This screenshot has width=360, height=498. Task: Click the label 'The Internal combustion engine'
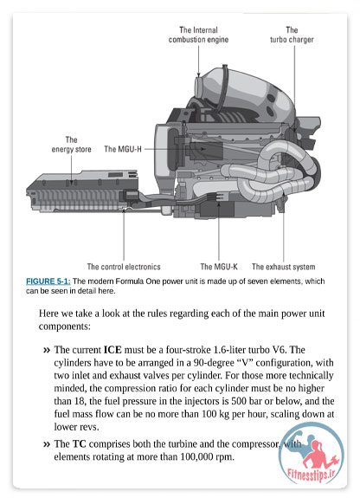pyautogui.click(x=198, y=35)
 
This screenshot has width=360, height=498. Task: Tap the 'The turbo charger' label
pyautogui.click(x=292, y=35)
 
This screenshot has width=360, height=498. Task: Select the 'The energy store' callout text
pyautogui.click(x=72, y=145)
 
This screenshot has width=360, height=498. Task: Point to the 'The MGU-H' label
pyautogui.click(x=123, y=149)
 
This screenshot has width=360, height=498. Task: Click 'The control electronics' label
pyautogui.click(x=124, y=267)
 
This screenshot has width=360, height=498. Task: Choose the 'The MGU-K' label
pyautogui.click(x=219, y=267)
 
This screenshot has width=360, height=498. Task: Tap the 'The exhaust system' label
pyautogui.click(x=284, y=267)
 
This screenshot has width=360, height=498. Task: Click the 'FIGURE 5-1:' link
pyautogui.click(x=48, y=281)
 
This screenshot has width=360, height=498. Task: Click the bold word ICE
pyautogui.click(x=112, y=350)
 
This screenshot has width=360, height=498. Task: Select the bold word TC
pyautogui.click(x=80, y=443)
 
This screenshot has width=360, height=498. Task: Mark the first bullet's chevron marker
pyautogui.click(x=47, y=350)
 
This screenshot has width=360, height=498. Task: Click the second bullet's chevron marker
pyautogui.click(x=47, y=444)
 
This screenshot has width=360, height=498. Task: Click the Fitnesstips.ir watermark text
pyautogui.click(x=311, y=475)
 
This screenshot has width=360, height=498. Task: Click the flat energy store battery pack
pyautogui.click(x=82, y=191)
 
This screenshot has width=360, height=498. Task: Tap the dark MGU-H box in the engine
pyautogui.click(x=206, y=150)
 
